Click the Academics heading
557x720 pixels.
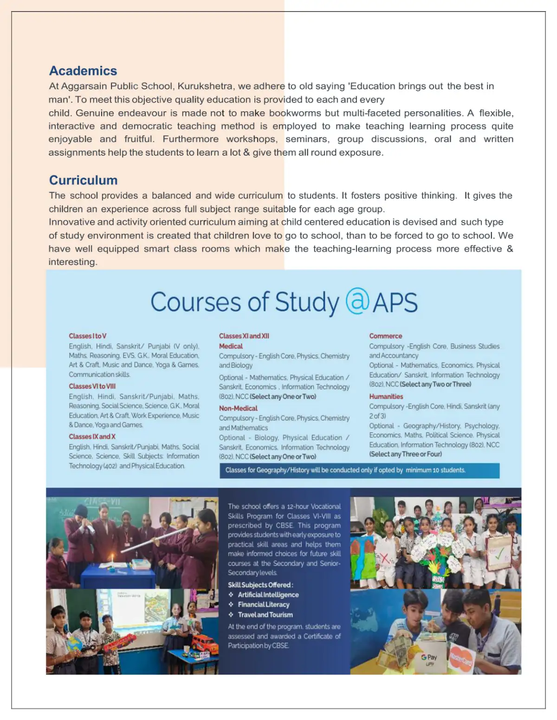coord(83,71)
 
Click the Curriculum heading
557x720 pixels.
coord(83,180)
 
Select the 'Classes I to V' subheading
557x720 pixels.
coord(88,336)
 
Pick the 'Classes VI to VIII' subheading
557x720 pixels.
coord(92,386)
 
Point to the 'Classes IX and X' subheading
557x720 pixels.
coord(92,437)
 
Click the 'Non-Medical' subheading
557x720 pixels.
coord(238,408)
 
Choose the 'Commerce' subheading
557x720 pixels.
coord(386,336)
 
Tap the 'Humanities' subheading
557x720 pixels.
coord(386,397)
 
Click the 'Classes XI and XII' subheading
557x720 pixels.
coord(244,336)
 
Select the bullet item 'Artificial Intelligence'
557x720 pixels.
coord(268,595)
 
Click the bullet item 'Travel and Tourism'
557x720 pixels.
coord(265,615)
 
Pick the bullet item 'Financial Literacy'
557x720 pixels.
coord(264,604)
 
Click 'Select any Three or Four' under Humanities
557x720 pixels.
coord(406,454)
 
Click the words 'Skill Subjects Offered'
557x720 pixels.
coord(260,585)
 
